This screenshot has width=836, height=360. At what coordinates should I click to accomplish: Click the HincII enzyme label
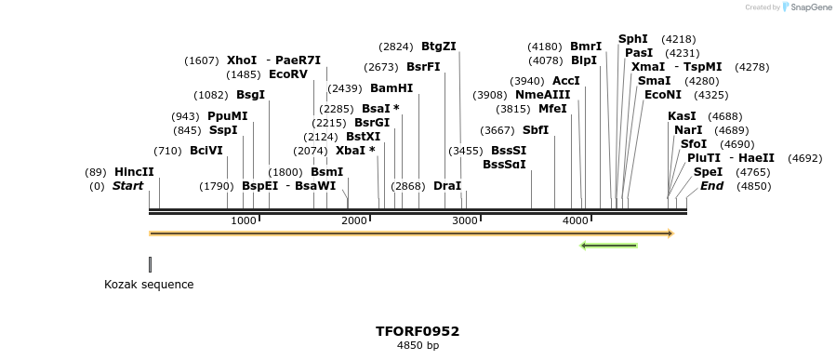point(134,172)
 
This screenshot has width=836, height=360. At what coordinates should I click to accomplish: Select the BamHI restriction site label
point(391,88)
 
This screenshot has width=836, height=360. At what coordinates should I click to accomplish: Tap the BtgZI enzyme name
point(438,47)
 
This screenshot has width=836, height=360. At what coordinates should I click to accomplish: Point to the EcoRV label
point(287,74)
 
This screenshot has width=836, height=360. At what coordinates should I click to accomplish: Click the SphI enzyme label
point(633,39)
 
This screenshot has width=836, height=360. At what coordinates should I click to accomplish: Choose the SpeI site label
point(708,172)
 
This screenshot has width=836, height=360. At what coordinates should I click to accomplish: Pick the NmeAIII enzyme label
point(542,95)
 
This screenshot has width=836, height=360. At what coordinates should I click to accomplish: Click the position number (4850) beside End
point(753,186)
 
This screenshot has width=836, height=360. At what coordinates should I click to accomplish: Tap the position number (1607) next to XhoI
point(202,60)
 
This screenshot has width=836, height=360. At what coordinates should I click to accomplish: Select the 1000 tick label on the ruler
point(243,220)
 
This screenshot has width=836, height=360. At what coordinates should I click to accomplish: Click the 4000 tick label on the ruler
point(576,220)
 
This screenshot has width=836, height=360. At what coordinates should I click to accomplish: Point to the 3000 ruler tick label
point(465,220)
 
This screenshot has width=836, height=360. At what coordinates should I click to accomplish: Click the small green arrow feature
point(608,246)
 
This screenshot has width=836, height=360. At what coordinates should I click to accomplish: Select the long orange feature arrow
point(410,233)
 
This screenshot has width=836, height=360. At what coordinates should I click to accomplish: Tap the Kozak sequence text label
point(149,285)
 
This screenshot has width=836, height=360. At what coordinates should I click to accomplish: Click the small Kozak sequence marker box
point(150,265)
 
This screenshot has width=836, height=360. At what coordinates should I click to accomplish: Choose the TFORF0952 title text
point(418,331)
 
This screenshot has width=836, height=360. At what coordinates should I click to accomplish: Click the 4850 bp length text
point(418,346)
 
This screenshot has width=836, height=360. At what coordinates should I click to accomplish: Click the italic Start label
point(127,186)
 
